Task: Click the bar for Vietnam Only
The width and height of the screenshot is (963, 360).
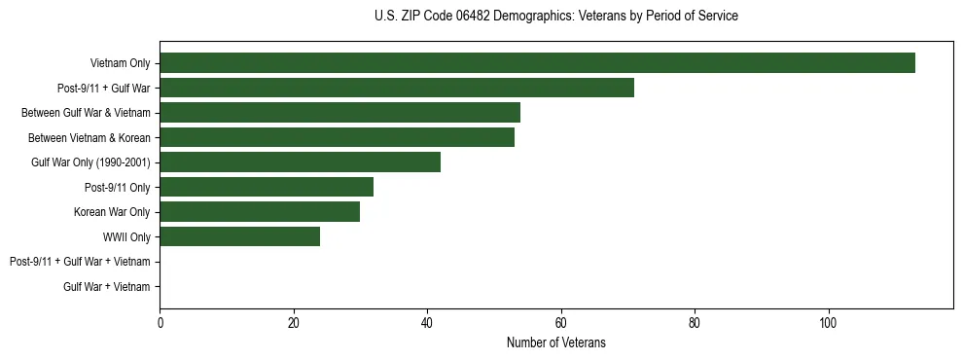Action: pyautogui.click(x=537, y=63)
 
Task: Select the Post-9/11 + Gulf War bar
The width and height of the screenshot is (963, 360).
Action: pyautogui.click(x=397, y=88)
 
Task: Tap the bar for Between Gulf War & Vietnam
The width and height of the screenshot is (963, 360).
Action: pyautogui.click(x=339, y=113)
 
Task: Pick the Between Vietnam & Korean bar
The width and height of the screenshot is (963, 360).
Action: pyautogui.click(x=337, y=137)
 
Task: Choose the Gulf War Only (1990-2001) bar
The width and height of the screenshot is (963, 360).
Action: pyautogui.click(x=300, y=162)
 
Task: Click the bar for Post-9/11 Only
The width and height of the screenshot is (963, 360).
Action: pyautogui.click(x=267, y=187)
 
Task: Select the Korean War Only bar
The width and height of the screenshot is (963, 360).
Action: pyautogui.click(x=260, y=212)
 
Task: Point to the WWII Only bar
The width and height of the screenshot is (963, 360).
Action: pyautogui.click(x=239, y=236)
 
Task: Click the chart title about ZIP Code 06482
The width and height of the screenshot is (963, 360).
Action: pyautogui.click(x=555, y=17)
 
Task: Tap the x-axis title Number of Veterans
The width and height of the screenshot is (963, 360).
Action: pyautogui.click(x=555, y=342)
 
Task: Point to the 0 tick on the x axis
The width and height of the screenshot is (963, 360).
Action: pyautogui.click(x=160, y=323)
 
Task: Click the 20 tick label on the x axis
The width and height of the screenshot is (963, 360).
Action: pyautogui.click(x=294, y=323)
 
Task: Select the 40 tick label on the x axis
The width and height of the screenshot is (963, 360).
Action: pyautogui.click(x=427, y=323)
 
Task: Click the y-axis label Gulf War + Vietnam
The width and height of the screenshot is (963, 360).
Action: pyautogui.click(x=107, y=286)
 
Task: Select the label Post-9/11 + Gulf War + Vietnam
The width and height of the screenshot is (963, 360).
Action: pyautogui.click(x=80, y=262)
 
